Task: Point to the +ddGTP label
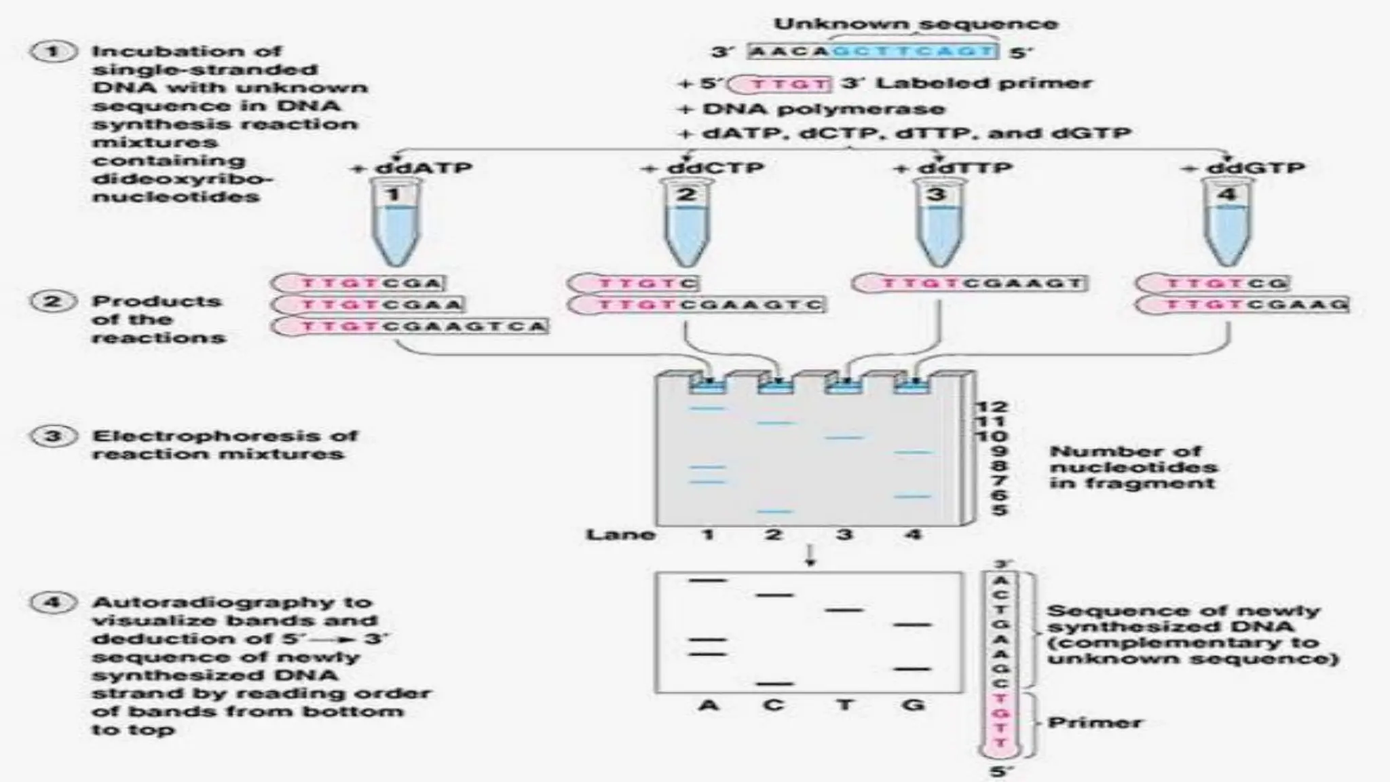1243,168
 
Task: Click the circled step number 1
53,52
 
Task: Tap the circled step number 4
53,603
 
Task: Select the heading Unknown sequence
916,24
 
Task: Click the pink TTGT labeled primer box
782,84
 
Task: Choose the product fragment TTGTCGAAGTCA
411,327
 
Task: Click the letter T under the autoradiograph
844,705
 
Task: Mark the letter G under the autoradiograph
914,705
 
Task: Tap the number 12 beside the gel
992,407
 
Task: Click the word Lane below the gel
620,535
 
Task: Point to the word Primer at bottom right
1094,722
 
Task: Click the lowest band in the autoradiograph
775,684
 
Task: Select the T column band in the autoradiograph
844,610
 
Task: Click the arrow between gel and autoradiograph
809,556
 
